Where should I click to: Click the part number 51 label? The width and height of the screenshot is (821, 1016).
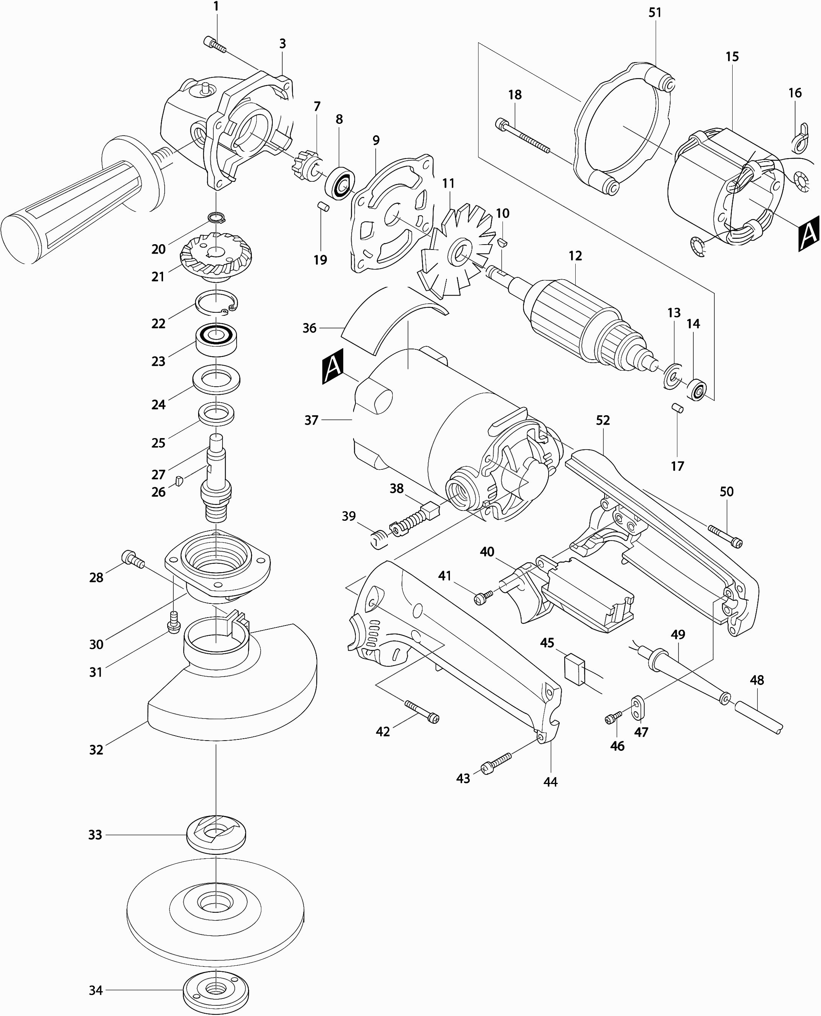tap(655, 13)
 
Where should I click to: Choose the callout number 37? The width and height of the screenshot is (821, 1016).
tap(311, 420)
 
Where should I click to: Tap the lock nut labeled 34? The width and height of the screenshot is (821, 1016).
tap(216, 990)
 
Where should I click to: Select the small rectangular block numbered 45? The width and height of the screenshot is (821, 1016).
tap(575, 669)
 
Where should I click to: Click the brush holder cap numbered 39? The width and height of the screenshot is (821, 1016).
tap(379, 539)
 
